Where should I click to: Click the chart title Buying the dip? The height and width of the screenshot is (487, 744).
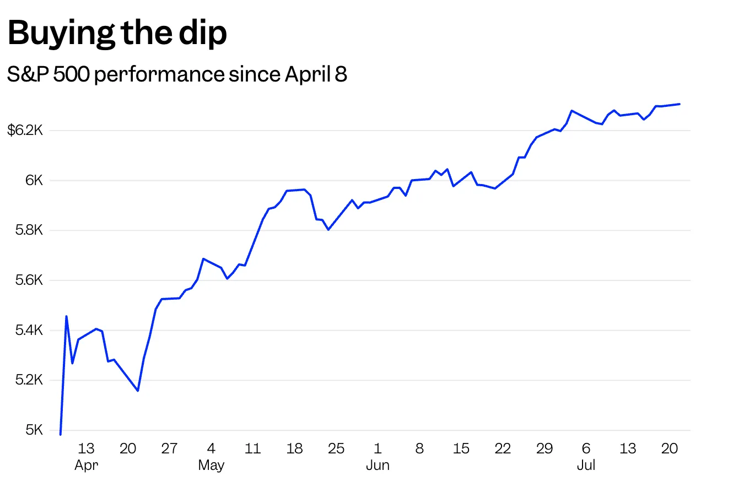point(117,33)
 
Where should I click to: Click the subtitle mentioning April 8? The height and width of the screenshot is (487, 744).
point(177,74)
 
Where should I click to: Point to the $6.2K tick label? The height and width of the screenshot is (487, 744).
point(25,131)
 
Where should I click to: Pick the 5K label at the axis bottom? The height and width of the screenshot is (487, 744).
point(34,430)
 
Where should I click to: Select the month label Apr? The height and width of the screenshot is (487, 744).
point(86,466)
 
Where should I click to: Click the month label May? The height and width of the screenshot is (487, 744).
point(211,466)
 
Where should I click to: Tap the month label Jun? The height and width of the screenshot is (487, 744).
point(378,466)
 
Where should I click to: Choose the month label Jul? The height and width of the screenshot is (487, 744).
point(586,466)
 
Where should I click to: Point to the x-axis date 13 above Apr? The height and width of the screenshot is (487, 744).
point(86,448)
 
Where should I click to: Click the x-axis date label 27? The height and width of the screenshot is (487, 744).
point(169,448)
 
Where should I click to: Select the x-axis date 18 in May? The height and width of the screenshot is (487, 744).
point(294,448)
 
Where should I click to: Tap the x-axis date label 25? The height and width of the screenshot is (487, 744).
point(336,448)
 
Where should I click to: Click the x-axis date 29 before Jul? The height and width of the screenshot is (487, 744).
point(544,448)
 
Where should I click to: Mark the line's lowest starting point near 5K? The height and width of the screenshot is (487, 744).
point(61,434)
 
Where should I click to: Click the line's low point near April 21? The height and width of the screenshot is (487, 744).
point(138,391)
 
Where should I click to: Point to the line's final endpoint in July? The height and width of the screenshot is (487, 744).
point(680,104)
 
